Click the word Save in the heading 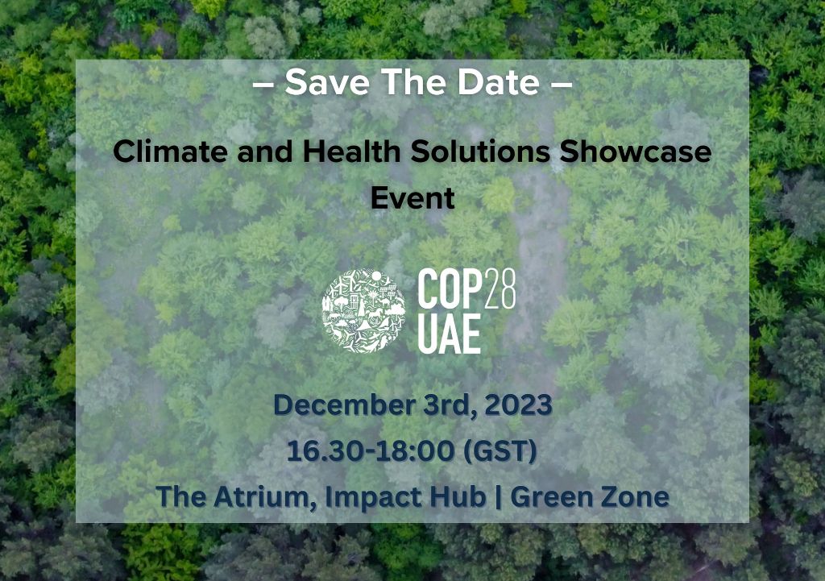320,82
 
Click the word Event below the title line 412,197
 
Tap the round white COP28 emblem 363,311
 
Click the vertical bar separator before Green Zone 498,496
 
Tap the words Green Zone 590,496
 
